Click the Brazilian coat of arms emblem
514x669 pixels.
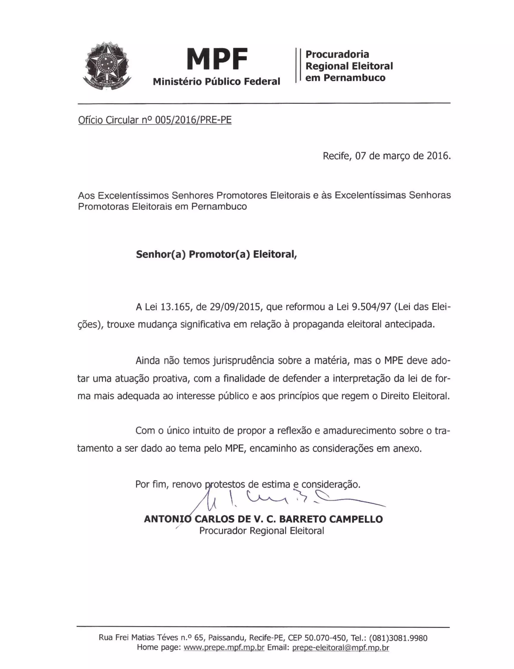(107, 66)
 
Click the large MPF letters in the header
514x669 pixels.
(217, 59)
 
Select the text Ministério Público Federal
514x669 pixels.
(216, 82)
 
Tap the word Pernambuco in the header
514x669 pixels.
(354, 78)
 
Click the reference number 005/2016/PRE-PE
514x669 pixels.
(193, 120)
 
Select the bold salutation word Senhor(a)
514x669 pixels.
(161, 254)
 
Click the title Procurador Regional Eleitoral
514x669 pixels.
(262, 531)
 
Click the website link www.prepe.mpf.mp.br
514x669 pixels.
(224, 647)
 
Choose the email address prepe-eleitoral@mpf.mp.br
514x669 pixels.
(341, 647)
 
